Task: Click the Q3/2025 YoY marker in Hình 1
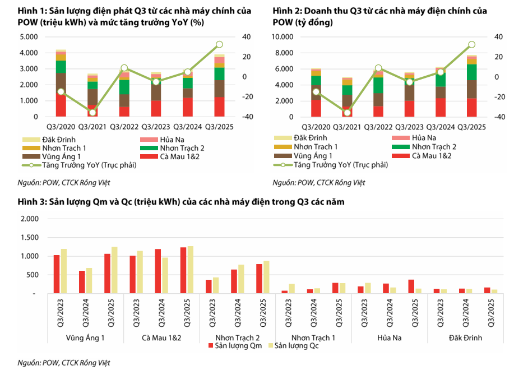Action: pyautogui.click(x=219, y=45)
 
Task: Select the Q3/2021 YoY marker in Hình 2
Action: pyautogui.click(x=347, y=113)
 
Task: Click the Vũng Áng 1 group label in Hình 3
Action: pyautogui.click(x=84, y=338)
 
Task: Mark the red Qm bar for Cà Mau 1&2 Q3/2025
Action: pyautogui.click(x=183, y=270)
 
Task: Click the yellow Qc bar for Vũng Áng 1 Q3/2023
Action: pyautogui.click(x=64, y=271)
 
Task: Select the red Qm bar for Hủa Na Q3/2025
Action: pyautogui.click(x=410, y=286)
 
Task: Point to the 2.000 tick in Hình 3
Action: pyautogui.click(x=27, y=219)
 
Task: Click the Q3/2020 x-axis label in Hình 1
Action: pyautogui.click(x=61, y=127)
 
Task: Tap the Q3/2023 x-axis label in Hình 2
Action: pyautogui.click(x=410, y=127)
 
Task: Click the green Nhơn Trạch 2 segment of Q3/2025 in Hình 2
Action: pyautogui.click(x=472, y=72)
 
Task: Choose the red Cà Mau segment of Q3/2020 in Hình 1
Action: pyautogui.click(x=61, y=104)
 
